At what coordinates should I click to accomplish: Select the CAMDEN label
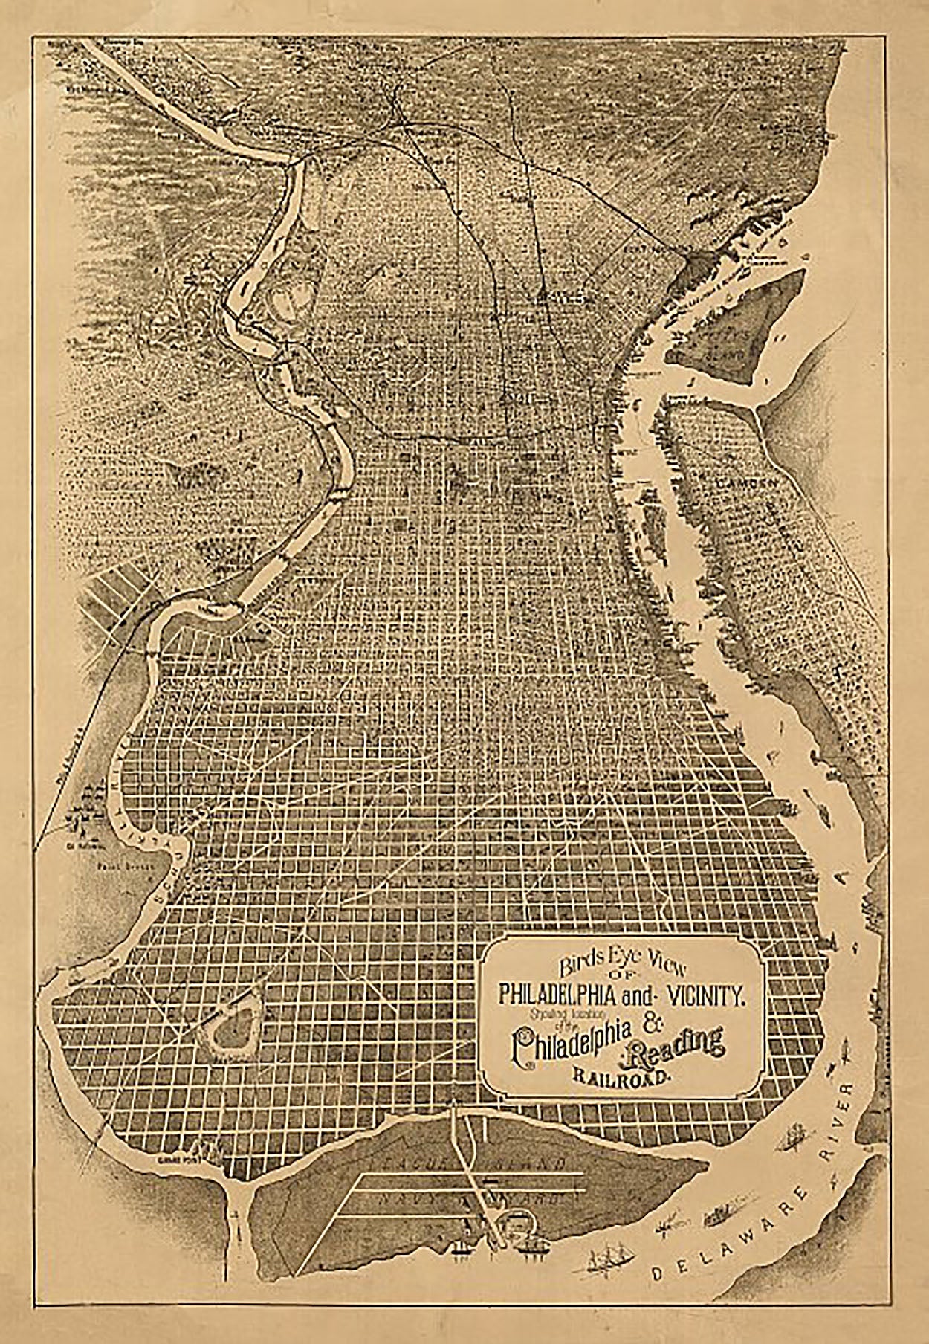(x=748, y=482)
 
